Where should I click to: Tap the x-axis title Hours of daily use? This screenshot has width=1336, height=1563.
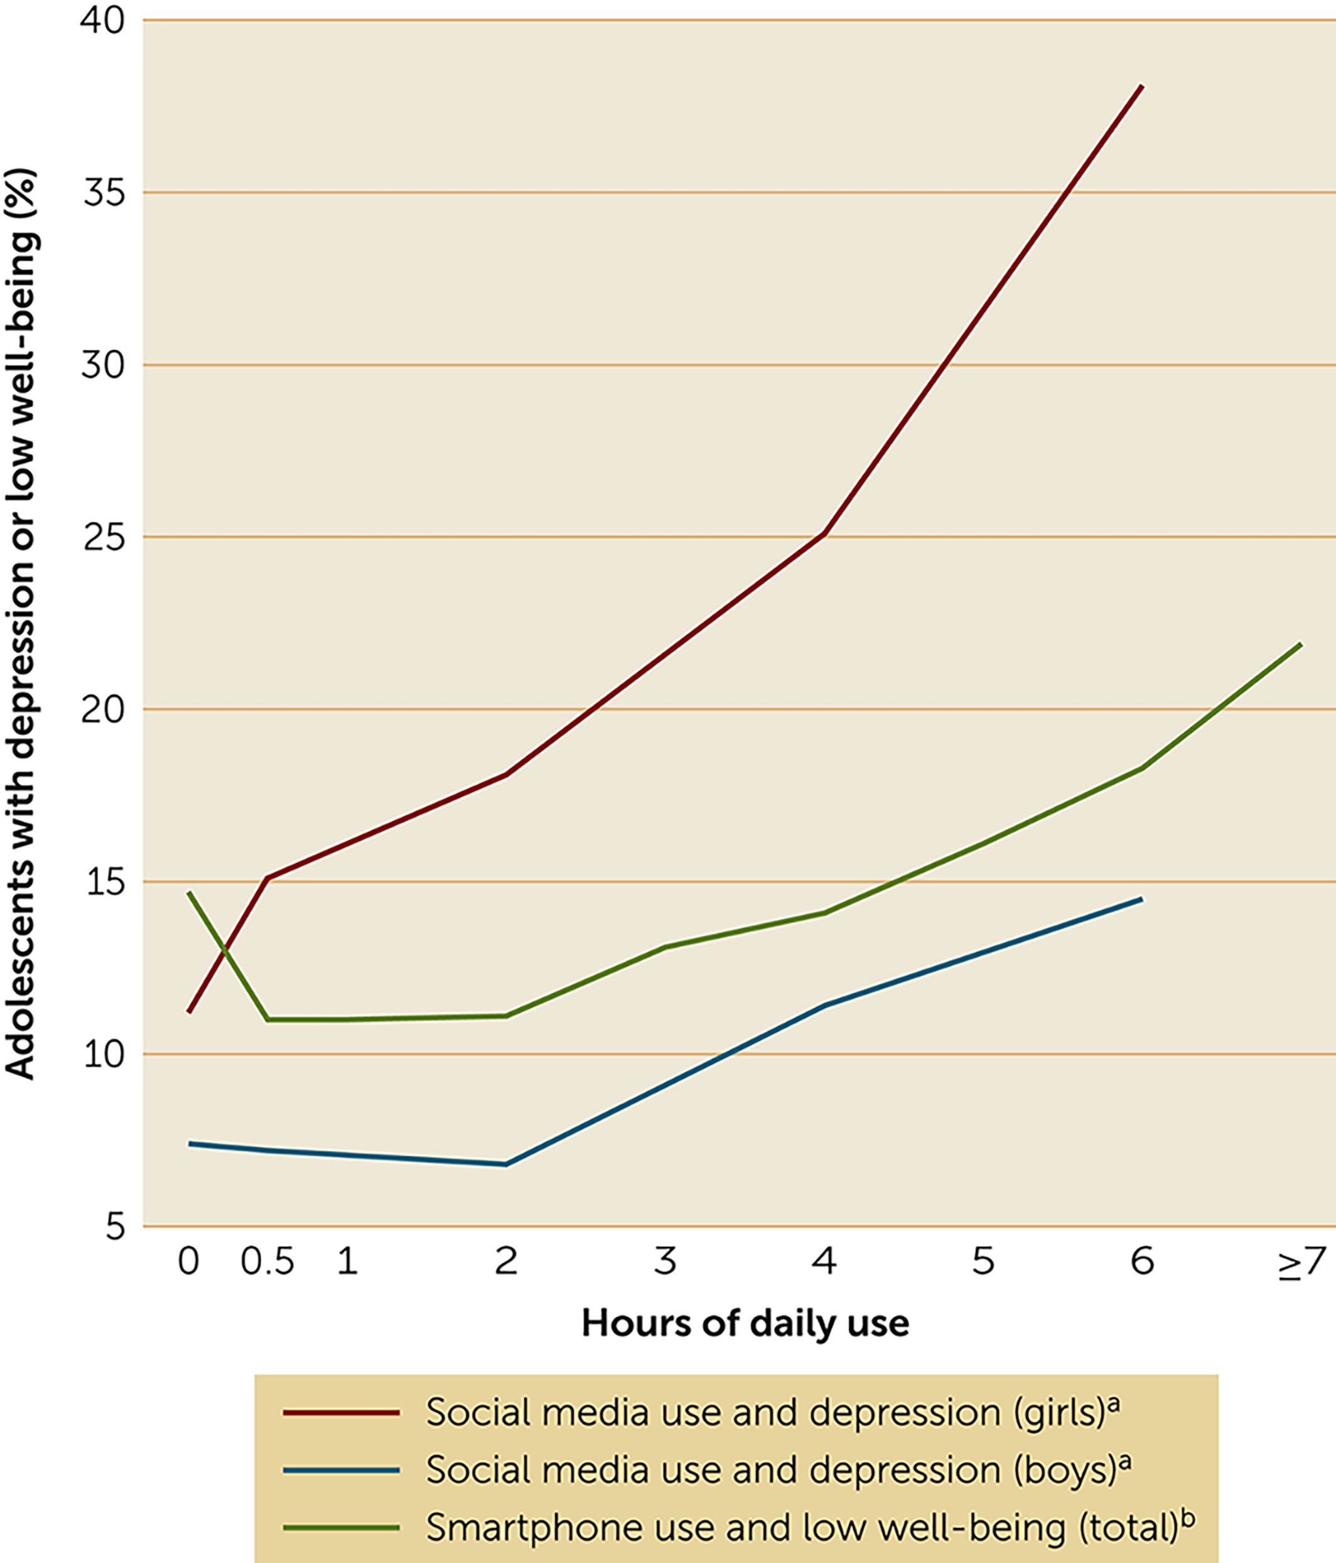click(745, 1323)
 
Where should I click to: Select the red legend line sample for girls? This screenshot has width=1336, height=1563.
click(341, 1412)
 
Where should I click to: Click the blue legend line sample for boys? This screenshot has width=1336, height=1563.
click(341, 1470)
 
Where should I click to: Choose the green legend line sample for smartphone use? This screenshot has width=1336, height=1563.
click(341, 1528)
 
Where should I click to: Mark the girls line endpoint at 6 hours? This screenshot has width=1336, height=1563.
click(1142, 86)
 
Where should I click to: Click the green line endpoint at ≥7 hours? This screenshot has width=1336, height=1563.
click(1301, 644)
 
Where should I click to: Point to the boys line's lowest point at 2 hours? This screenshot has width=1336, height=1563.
click(505, 1164)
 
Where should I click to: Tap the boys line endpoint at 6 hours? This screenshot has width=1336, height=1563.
click(1141, 899)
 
